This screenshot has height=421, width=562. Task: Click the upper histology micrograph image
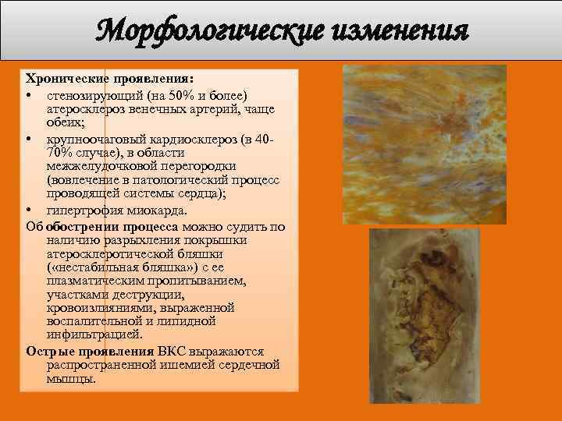click(425, 141)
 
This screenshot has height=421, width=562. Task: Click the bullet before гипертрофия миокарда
click(28, 210)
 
